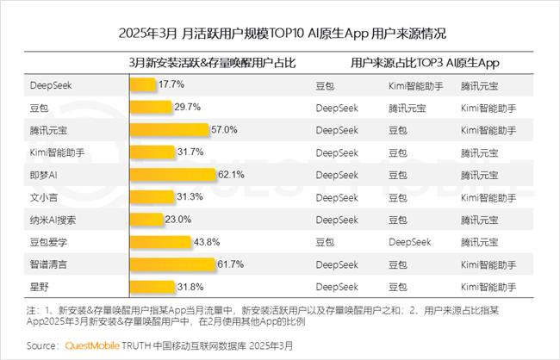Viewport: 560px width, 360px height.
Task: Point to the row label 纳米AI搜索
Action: tap(53, 220)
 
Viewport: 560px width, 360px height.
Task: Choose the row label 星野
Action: tap(40, 286)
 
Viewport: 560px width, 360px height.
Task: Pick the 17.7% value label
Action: tap(169, 85)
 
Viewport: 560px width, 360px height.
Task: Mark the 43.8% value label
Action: tap(208, 242)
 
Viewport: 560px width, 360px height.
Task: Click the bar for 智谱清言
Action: tap(171, 264)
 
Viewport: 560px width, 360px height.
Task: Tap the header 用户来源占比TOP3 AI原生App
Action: tap(426, 64)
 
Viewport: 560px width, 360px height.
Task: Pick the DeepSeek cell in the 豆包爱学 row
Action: tap(409, 242)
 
